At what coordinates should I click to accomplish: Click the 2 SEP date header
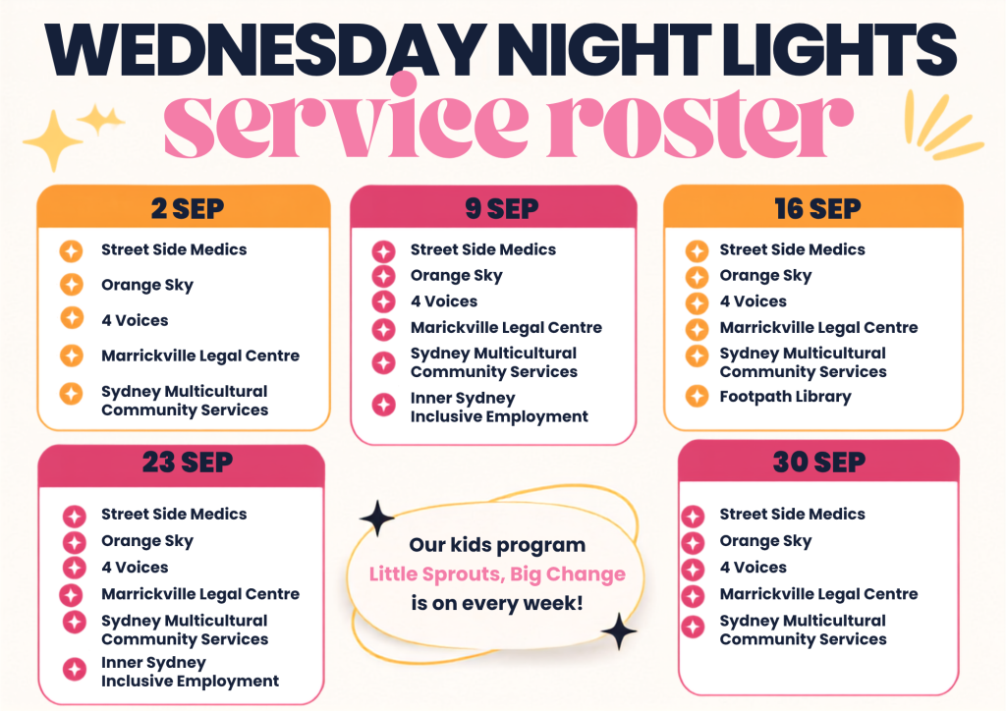pos(188,209)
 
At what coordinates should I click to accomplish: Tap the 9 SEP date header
pos(502,209)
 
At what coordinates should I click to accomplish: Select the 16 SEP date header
pos(817,209)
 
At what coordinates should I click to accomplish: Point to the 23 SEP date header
pos(188,463)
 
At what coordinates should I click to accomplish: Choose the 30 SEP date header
pos(818,463)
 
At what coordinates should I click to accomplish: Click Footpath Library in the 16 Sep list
pos(785,397)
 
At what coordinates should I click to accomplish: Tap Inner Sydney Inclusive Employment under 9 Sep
pos(499,408)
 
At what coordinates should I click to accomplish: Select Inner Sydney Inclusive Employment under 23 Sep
pos(190,672)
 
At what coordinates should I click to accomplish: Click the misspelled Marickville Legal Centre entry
pos(506,328)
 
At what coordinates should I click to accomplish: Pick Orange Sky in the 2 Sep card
pos(147,286)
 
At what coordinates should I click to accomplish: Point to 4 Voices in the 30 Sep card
pos(753,568)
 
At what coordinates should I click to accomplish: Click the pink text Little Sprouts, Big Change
pos(497,574)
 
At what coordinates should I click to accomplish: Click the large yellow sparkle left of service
pos(53,140)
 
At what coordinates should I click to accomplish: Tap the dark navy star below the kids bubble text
pos(619,631)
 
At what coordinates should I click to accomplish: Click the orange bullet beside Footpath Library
pos(697,396)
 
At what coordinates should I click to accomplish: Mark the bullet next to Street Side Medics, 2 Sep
pos(71,250)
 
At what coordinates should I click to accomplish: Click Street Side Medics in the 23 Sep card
pos(174,515)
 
